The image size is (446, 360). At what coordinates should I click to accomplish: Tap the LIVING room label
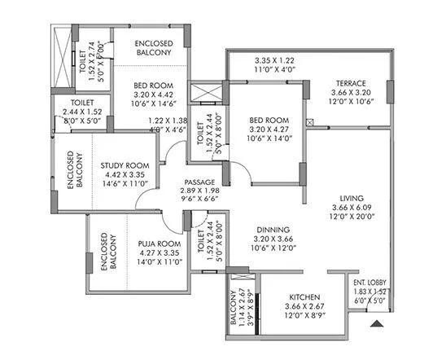tap(352, 198)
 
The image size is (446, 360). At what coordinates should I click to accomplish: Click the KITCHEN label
tap(303, 296)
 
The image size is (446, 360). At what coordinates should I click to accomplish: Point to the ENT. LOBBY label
tap(370, 281)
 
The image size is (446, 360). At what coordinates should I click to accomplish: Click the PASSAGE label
tap(199, 182)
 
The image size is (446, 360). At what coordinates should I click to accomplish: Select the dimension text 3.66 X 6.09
tap(352, 208)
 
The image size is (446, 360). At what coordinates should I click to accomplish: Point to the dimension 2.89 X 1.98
tap(199, 191)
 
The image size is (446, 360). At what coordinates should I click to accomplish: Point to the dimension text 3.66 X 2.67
tap(303, 306)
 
